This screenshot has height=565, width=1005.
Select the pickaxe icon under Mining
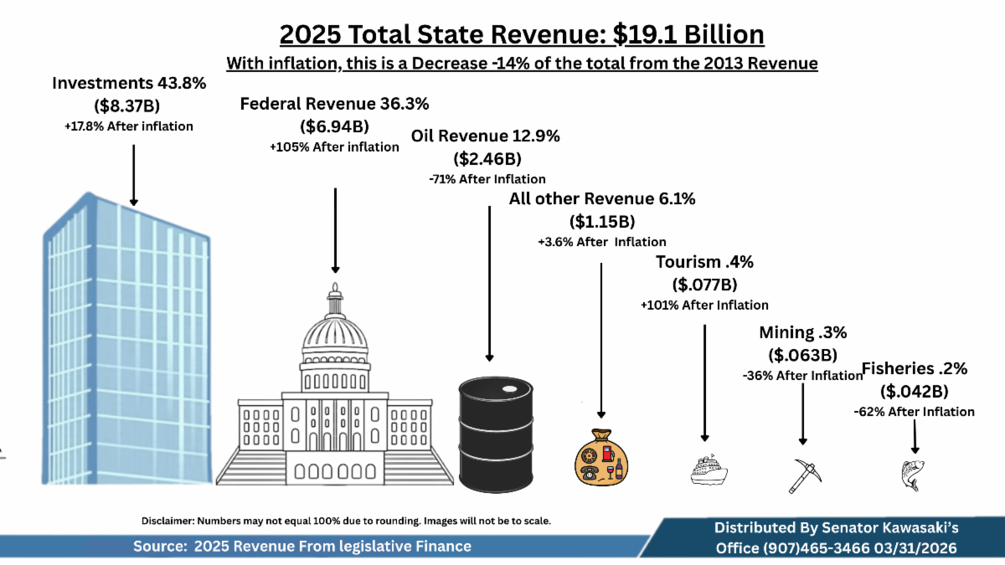coord(805,475)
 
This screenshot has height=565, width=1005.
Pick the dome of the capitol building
coord(335,331)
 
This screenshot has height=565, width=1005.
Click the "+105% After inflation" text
coord(334,147)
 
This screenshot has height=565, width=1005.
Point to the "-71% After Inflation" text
coord(487,179)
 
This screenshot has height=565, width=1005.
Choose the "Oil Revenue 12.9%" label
coord(486,136)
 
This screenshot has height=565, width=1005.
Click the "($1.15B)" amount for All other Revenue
coord(601,222)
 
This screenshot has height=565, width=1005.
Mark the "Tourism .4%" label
coord(704,262)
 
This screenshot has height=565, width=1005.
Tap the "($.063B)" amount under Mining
coord(802,355)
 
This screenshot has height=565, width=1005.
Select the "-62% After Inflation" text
coord(914,412)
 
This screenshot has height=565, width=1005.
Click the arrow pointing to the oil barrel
coord(489,285)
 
